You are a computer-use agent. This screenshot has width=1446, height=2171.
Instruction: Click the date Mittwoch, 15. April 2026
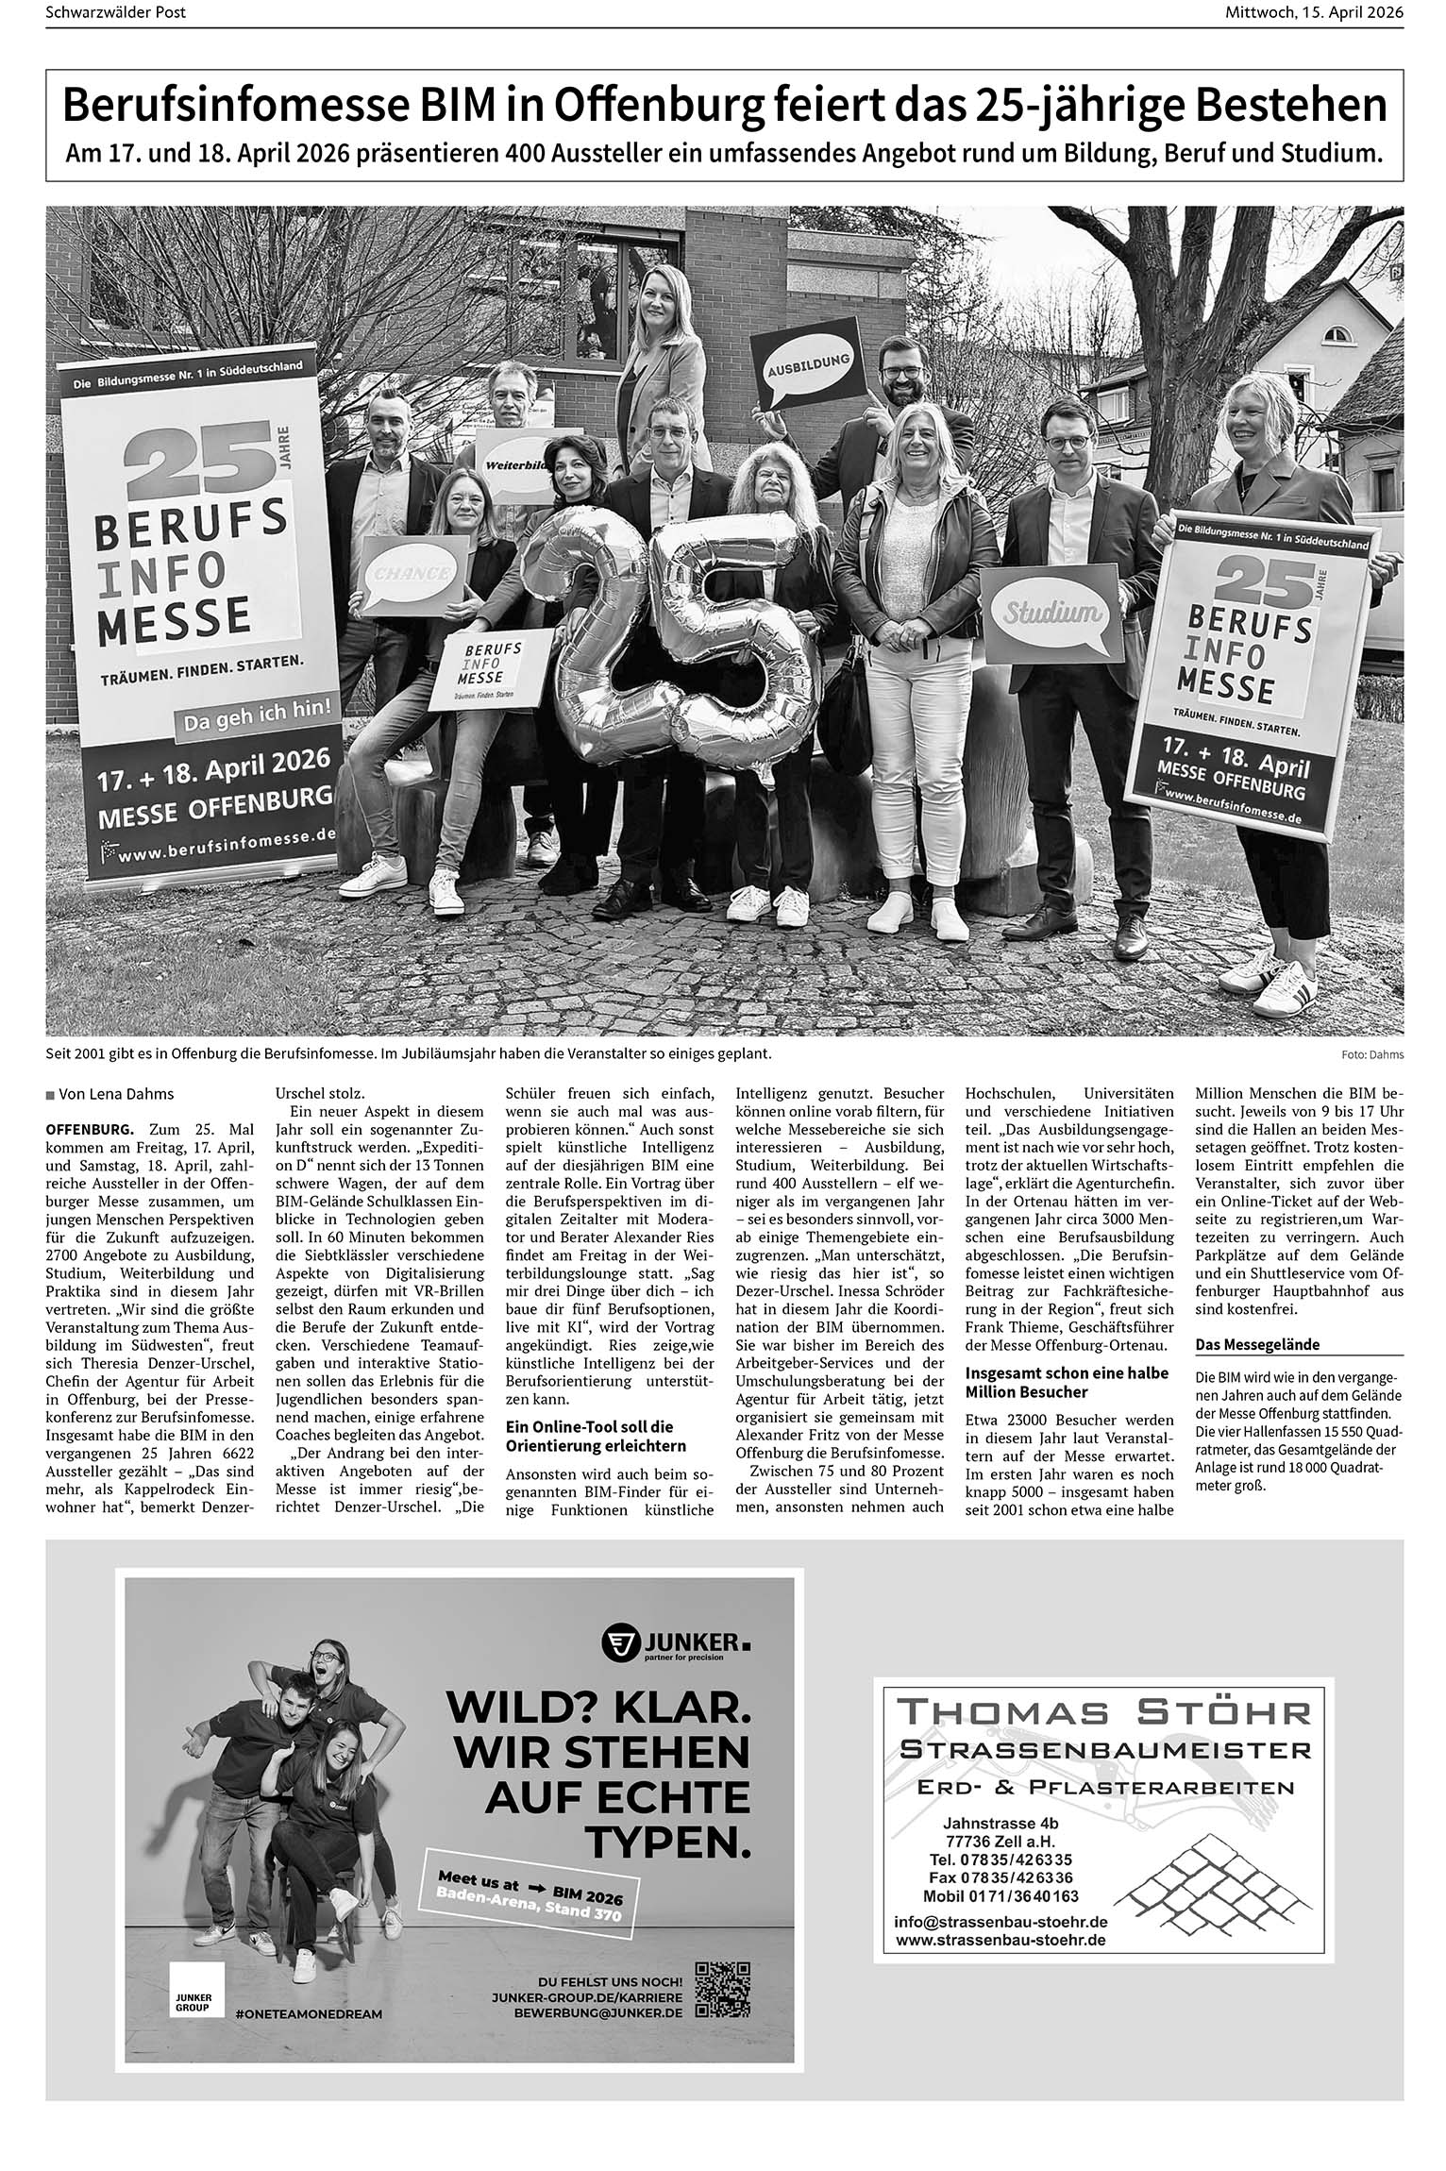(1313, 12)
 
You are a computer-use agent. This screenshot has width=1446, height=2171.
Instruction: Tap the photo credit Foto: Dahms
(1370, 1054)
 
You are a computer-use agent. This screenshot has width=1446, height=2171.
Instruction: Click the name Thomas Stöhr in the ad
(1102, 1710)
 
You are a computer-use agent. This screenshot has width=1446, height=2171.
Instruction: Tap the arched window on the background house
(1338, 333)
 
